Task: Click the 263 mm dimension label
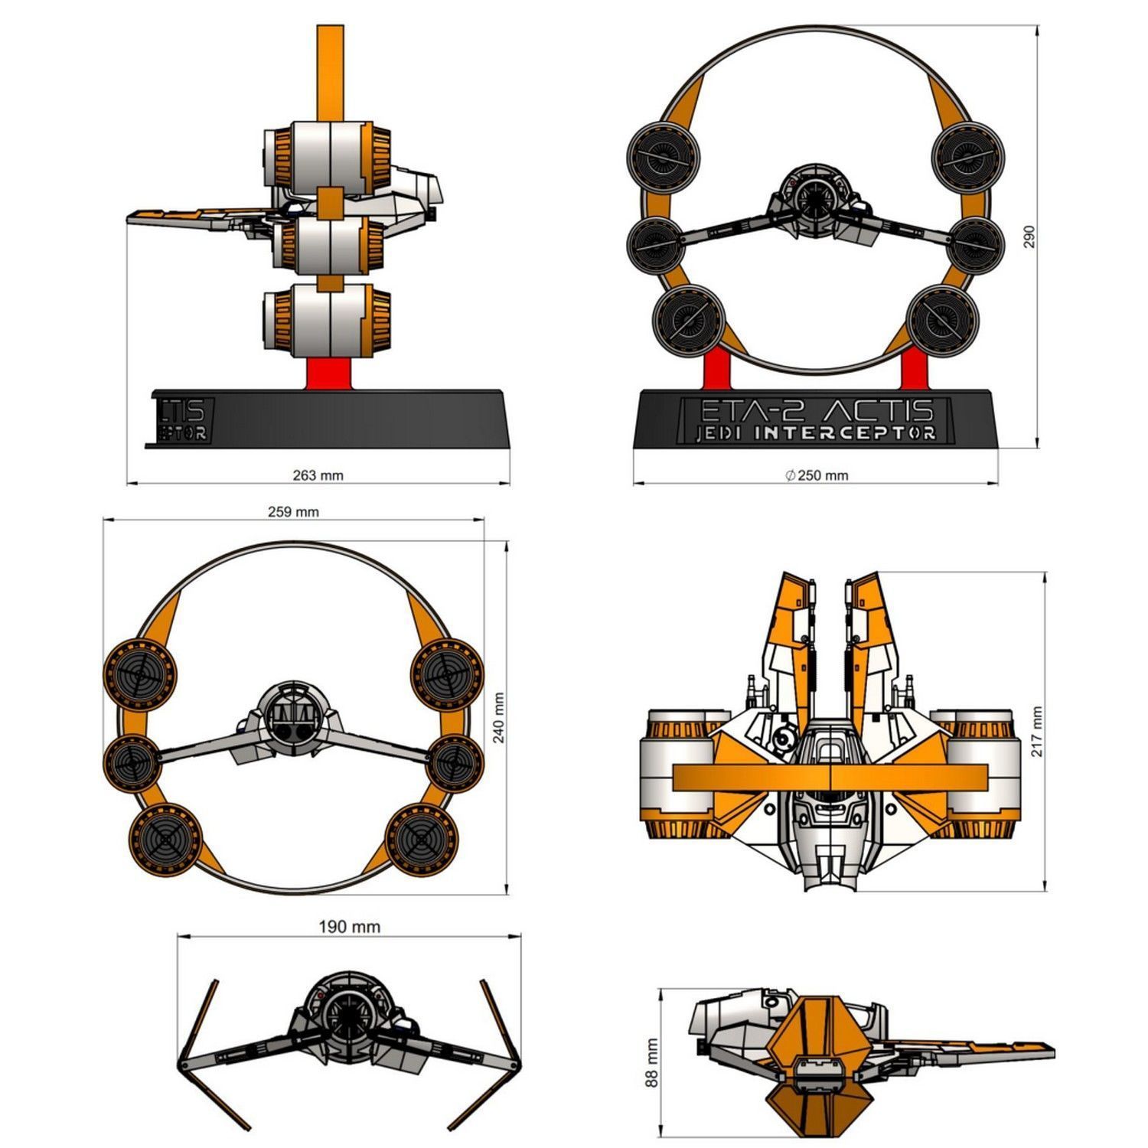(318, 475)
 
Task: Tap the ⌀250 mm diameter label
(817, 475)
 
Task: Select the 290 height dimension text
(1029, 236)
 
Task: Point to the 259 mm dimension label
(293, 512)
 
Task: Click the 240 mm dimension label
(499, 718)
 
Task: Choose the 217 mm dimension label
(1037, 732)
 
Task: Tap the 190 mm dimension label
(349, 927)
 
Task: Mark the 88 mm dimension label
(652, 1063)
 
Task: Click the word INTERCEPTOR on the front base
(845, 433)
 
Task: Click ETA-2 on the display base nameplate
(752, 410)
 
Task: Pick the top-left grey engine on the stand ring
(663, 160)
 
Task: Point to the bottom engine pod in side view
(328, 321)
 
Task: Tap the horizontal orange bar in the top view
(830, 778)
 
